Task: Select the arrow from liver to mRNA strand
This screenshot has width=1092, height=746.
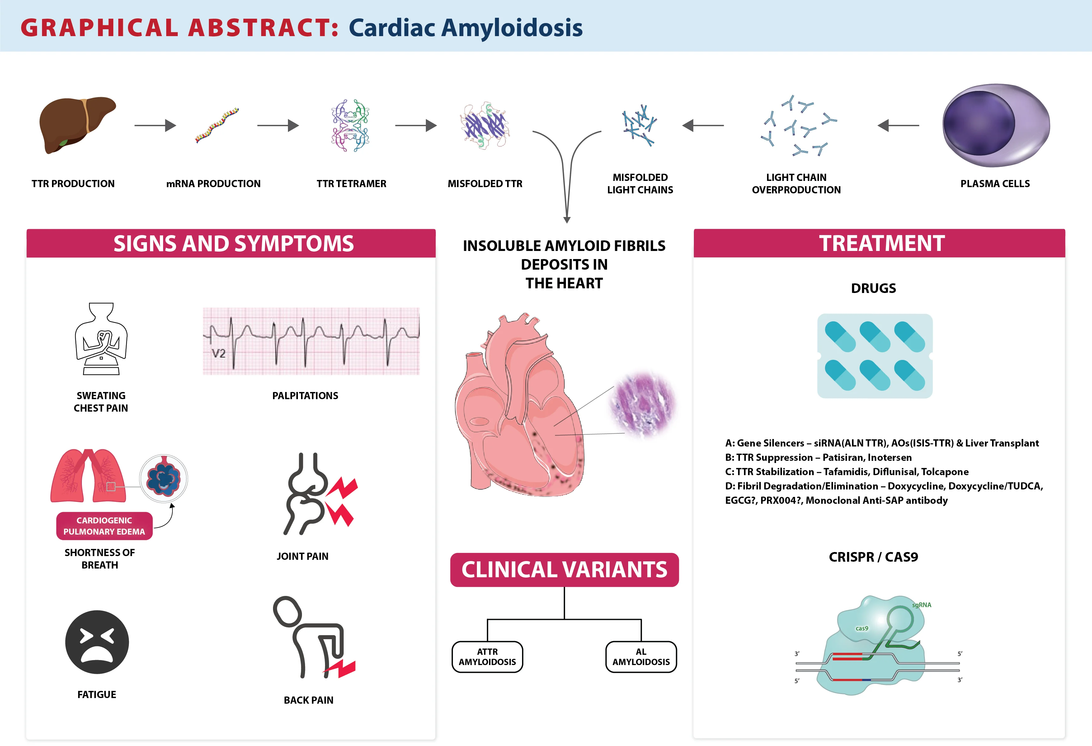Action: click(155, 125)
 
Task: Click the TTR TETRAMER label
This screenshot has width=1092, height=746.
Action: click(351, 184)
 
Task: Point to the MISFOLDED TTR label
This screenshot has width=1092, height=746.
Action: click(485, 184)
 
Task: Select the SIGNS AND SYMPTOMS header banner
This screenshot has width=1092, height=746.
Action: click(231, 243)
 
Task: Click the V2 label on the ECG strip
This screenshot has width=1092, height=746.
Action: click(219, 353)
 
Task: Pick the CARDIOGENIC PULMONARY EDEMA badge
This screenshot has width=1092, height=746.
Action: click(104, 526)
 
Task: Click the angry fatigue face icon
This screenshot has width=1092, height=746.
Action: click(97, 642)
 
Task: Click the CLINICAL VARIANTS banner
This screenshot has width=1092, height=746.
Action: click(564, 570)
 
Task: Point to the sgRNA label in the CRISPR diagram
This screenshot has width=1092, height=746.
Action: click(921, 605)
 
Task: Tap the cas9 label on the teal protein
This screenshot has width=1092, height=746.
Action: click(862, 629)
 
